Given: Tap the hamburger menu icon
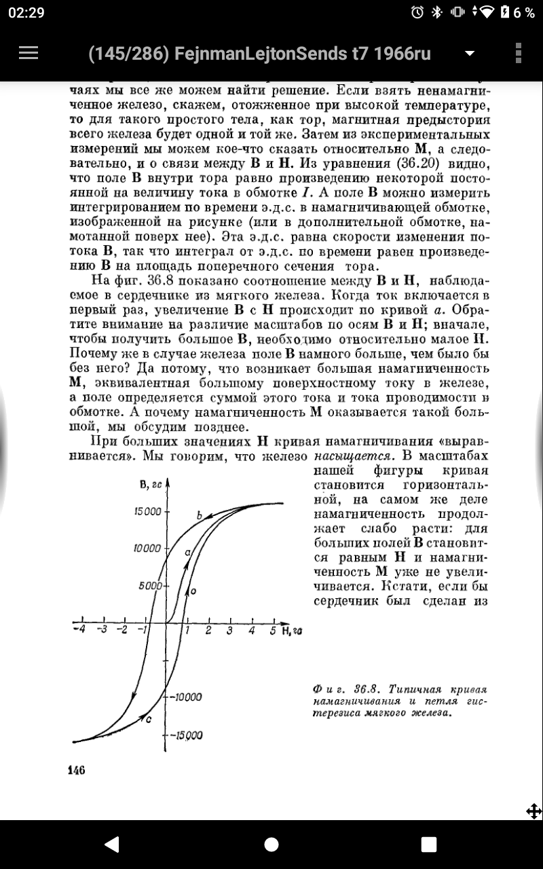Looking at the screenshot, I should coord(29,53).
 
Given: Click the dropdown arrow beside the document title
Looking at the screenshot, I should coord(468,54).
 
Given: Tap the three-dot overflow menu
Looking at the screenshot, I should coord(518,53).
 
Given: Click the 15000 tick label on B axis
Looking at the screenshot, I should coord(147,511).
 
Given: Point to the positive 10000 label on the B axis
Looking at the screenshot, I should coord(147,548).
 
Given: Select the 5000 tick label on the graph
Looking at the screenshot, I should coord(151,585).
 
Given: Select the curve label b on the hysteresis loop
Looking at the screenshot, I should coord(200,517).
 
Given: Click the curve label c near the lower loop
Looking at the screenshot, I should coord(149,720).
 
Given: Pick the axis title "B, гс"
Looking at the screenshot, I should coord(149,483).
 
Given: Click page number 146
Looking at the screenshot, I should coord(76,769).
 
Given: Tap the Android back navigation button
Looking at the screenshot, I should coord(111,844).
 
